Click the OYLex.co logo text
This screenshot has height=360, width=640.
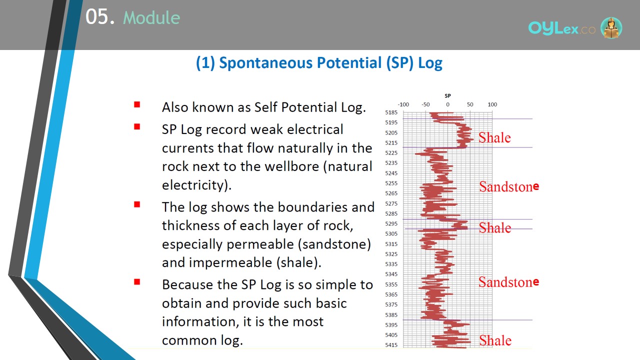pyautogui.click(x=561, y=28)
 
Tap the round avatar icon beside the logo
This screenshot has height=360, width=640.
pyautogui.click(x=611, y=27)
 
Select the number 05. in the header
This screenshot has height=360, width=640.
pyautogui.click(x=100, y=16)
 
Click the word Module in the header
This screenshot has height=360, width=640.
pyautogui.click(x=151, y=17)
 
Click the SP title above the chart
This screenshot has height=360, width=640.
pyautogui.click(x=447, y=95)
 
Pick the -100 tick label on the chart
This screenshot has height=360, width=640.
pyautogui.click(x=403, y=104)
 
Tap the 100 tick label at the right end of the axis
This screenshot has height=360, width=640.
pyautogui.click(x=492, y=104)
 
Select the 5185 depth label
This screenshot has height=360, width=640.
pyautogui.click(x=391, y=112)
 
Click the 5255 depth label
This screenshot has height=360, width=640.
pyautogui.click(x=391, y=183)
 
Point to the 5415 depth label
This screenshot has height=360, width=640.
pyautogui.click(x=391, y=345)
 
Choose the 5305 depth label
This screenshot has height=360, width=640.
pyautogui.click(x=391, y=233)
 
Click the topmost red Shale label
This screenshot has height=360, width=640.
pyautogui.click(x=494, y=137)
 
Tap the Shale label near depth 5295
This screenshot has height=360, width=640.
pyautogui.click(x=495, y=227)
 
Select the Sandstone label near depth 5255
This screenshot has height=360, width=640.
pyautogui.click(x=509, y=186)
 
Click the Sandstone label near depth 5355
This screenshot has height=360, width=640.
pyautogui.click(x=509, y=282)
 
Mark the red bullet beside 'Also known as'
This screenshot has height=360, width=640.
pyautogui.click(x=137, y=104)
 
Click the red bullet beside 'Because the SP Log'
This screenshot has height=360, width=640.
pyautogui.click(x=137, y=282)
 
